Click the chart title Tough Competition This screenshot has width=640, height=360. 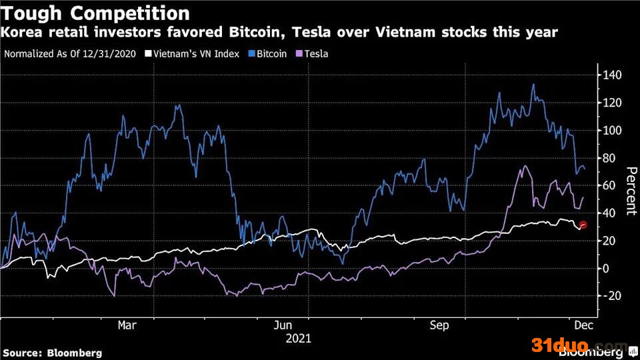tap(96, 13)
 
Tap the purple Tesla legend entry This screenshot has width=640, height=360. tap(313, 53)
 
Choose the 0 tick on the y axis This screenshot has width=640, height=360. tap(607, 268)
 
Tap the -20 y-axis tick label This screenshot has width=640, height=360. tap(611, 295)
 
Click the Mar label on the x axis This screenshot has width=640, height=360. tap(127, 325)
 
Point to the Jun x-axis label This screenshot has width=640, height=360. tap(284, 325)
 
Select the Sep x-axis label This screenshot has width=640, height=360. tap(439, 325)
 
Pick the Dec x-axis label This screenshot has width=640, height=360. tap(583, 325)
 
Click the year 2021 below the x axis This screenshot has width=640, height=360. tap(298, 339)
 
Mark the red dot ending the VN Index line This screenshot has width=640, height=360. tap(583, 225)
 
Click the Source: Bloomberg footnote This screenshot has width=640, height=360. tap(53, 353)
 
